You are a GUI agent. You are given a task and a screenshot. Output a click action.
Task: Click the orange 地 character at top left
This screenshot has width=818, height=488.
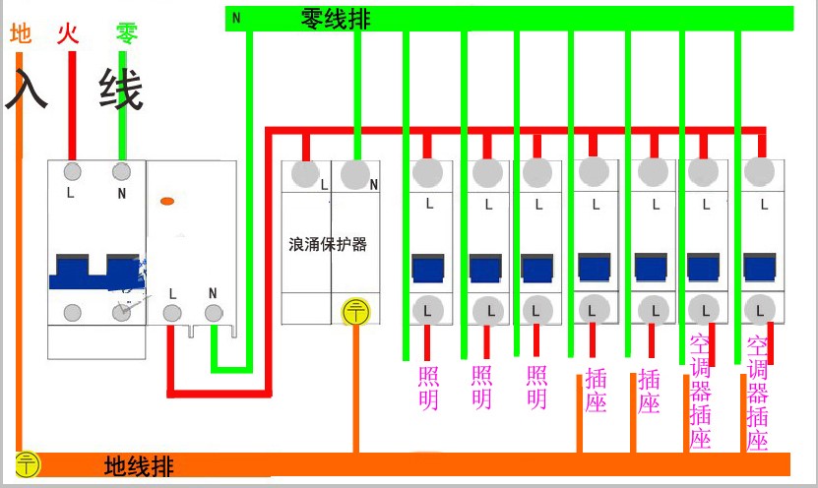point(21,34)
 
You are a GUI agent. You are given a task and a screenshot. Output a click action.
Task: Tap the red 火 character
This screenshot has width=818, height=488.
point(68,34)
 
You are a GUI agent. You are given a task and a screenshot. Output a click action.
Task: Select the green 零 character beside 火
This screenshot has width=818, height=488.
point(126,34)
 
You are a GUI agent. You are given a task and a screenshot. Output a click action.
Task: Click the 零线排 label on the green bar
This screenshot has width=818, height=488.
point(335,18)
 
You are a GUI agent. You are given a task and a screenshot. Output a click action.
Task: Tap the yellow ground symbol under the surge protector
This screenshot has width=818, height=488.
point(354,312)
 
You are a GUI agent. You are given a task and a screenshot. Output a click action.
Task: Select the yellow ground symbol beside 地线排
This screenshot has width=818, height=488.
point(28,464)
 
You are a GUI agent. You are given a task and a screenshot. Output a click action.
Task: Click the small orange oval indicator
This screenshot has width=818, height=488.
point(167,202)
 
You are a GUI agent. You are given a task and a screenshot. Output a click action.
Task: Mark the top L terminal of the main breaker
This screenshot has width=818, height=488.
point(72,171)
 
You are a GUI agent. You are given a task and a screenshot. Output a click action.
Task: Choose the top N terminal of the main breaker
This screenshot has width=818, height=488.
point(122,171)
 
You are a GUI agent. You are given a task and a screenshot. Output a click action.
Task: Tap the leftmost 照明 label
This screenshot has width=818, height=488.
point(429,388)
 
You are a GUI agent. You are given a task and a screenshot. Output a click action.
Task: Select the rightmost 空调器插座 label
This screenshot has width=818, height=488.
point(757,394)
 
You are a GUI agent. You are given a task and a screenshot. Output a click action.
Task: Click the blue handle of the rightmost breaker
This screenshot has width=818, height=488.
point(758,268)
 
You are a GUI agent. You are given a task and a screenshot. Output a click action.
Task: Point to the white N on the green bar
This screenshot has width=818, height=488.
point(236,17)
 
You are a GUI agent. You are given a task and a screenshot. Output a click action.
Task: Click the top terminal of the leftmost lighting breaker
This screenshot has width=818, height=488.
point(427,173)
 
